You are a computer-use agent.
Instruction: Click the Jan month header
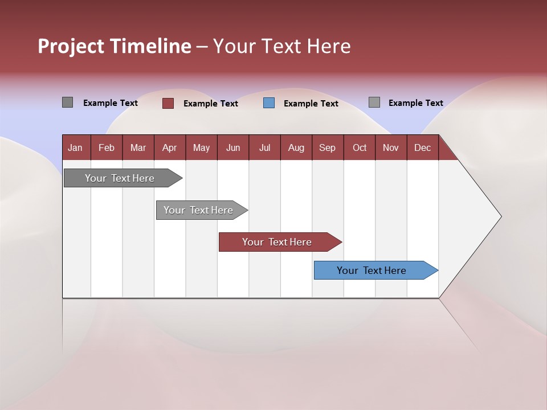pyautogui.click(x=75, y=147)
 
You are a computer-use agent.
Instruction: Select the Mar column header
pyautogui.click(x=138, y=147)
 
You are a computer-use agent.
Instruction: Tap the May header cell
pyautogui.click(x=201, y=147)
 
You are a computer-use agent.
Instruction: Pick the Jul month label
pyautogui.click(x=264, y=147)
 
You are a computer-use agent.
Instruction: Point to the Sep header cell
pyautogui.click(x=327, y=147)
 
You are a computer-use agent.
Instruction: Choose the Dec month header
pyautogui.click(x=422, y=147)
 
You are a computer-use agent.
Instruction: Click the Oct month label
pyautogui.click(x=360, y=147)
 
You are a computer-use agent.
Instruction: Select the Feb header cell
pyautogui.click(x=107, y=147)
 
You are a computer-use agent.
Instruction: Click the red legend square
pyautogui.click(x=168, y=103)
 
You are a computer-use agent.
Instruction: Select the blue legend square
pyautogui.click(x=269, y=103)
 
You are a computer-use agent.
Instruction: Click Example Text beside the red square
pyautogui.click(x=211, y=104)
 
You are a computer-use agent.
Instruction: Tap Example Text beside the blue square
pyautogui.click(x=311, y=104)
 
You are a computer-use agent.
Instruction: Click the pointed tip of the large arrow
pyautogui.click(x=500, y=216)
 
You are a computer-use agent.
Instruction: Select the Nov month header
pyautogui.click(x=391, y=147)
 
